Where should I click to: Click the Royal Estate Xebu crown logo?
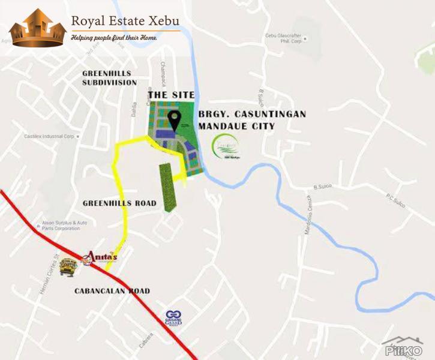pyautogui.click(x=38, y=29)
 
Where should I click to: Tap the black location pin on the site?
pyautogui.click(x=175, y=120)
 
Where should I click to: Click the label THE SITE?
pyautogui.click(x=171, y=95)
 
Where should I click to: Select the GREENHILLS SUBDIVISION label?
pyautogui.click(x=109, y=78)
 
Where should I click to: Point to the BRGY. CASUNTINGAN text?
pyautogui.click(x=252, y=114)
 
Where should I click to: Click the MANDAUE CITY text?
pyautogui.click(x=236, y=127)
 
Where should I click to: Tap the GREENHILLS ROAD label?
pyautogui.click(x=120, y=203)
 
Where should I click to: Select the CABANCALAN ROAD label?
pyautogui.click(x=112, y=291)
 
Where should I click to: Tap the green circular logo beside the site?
pyautogui.click(x=226, y=145)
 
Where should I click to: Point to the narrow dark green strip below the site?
pyautogui.click(x=169, y=187)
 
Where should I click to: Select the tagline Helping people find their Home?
pyautogui.click(x=115, y=38)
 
